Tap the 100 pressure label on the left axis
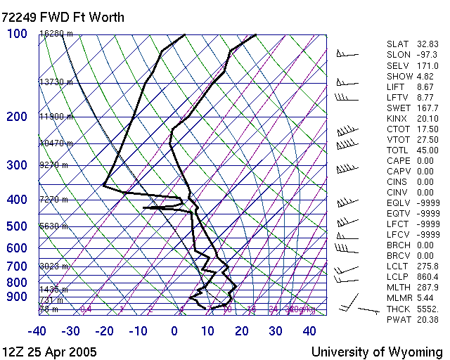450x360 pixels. (x=18, y=34)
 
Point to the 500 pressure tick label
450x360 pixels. (x=18, y=226)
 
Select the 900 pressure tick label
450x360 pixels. (x=18, y=297)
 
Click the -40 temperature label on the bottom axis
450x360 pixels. (x=37, y=331)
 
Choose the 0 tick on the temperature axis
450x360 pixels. (x=174, y=331)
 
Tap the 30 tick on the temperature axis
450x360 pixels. (x=275, y=331)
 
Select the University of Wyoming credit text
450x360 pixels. (x=377, y=352)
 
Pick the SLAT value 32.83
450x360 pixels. (x=427, y=44)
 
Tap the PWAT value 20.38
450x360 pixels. (x=427, y=319)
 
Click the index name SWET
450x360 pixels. (x=399, y=108)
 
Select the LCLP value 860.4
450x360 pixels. (x=427, y=277)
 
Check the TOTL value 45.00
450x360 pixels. (x=427, y=150)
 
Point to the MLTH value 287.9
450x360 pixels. (x=427, y=288)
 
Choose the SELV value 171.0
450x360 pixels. (x=427, y=65)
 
